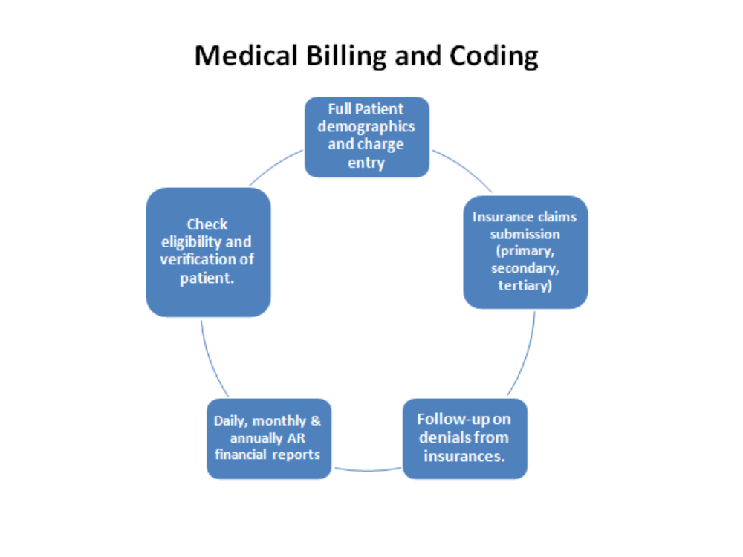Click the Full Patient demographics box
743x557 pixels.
[367, 137]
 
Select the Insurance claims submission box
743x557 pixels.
[525, 252]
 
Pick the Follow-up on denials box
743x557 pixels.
[464, 438]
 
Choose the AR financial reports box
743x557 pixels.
[268, 438]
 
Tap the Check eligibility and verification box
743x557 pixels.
[208, 252]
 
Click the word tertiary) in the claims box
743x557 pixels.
[525, 284]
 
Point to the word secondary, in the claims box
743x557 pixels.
[525, 267]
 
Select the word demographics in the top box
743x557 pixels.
[366, 126]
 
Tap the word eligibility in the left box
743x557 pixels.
[207, 242]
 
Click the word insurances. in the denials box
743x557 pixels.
[464, 456]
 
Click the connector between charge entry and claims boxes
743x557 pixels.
[462, 169]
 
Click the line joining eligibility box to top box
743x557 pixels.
[275, 165]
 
